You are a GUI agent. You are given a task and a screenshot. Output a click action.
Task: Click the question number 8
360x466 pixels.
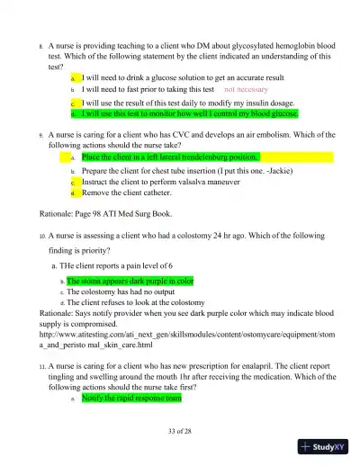coord(40,44)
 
